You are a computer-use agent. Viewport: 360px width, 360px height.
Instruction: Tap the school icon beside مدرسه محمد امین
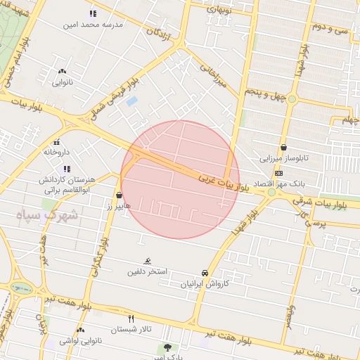click(x=93, y=13)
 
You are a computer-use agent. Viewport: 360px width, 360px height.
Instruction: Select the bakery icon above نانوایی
click(x=63, y=71)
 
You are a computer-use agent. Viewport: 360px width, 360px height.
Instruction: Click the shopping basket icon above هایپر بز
click(x=119, y=195)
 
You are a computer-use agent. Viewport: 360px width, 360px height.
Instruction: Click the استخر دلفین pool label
click(x=147, y=271)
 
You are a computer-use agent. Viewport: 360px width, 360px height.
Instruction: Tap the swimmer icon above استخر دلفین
click(x=147, y=261)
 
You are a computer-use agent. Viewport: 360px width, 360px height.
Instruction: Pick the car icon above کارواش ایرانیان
click(x=205, y=273)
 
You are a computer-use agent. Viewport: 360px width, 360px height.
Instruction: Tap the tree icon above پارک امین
click(x=167, y=347)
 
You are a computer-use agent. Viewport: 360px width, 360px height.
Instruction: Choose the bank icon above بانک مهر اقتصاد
click(x=279, y=173)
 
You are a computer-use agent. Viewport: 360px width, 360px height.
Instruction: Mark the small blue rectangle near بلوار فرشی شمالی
click(x=132, y=101)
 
